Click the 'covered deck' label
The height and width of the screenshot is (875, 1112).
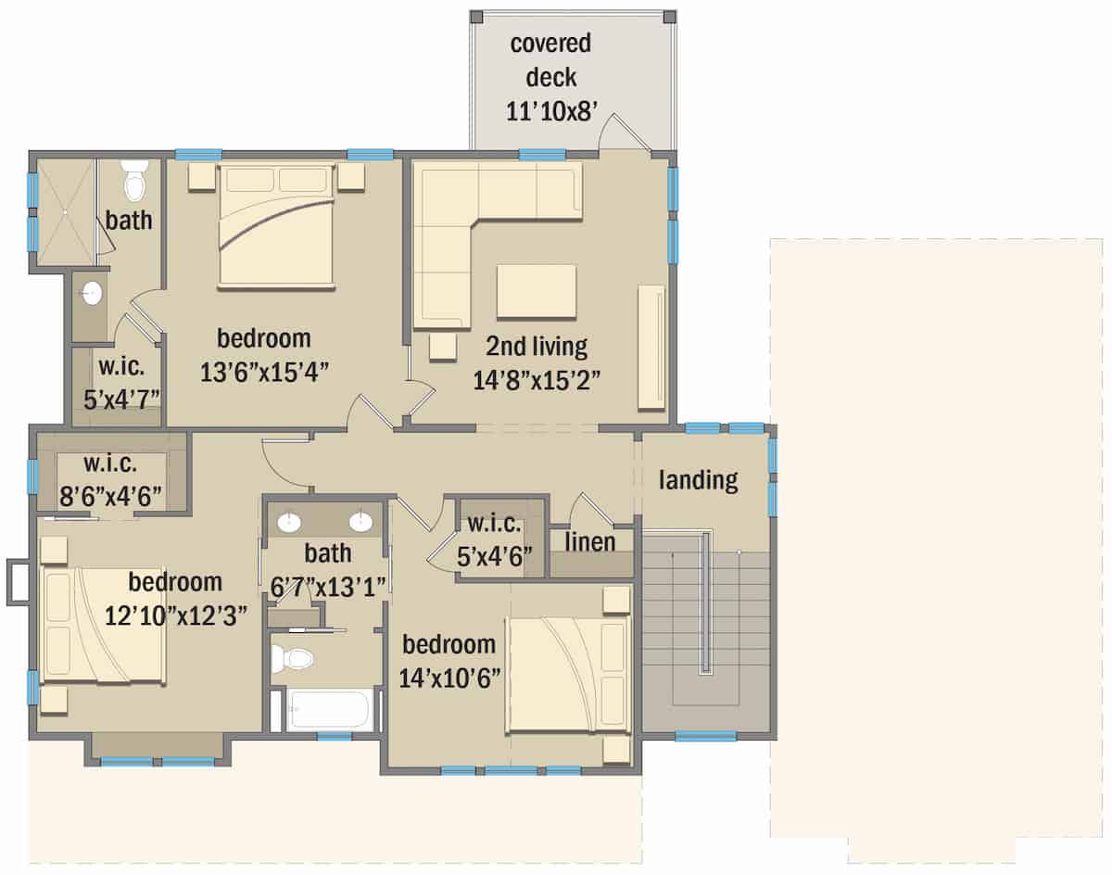(550, 60)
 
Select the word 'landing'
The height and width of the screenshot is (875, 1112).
(699, 480)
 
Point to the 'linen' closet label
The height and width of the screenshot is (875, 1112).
(590, 541)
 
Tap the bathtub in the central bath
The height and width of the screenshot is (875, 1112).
(329, 710)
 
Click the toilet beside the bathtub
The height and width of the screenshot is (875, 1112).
(296, 659)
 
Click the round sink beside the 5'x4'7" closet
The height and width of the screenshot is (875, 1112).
(91, 295)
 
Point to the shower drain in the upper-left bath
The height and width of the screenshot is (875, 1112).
(66, 212)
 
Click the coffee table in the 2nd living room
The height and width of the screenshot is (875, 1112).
(537, 292)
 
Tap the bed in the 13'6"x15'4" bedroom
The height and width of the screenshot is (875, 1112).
(276, 225)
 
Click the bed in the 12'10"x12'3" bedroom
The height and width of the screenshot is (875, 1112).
(103, 627)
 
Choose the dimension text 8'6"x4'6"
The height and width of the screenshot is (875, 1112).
(111, 494)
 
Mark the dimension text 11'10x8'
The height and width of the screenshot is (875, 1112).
(550, 111)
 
